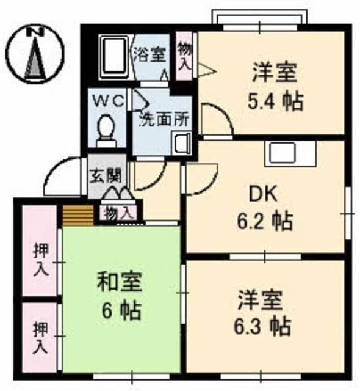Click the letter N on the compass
(35, 31)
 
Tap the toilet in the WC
(107, 131)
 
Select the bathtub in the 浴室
(113, 57)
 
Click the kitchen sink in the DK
(290, 153)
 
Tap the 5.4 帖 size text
(275, 101)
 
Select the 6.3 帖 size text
(262, 326)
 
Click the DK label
(263, 194)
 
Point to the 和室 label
(119, 282)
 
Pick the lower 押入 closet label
(40, 338)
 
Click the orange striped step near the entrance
(78, 215)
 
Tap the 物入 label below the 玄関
(117, 213)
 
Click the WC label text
(109, 101)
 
